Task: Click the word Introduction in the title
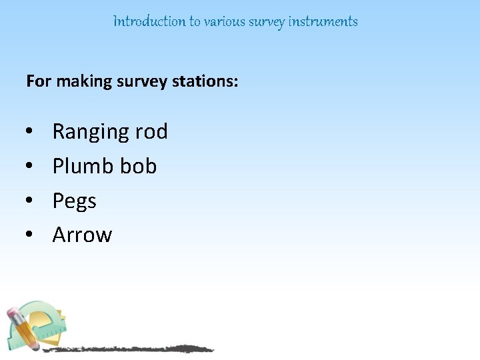[149, 21]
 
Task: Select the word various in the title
[225, 21]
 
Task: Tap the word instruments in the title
[323, 21]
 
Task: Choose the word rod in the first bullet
[151, 131]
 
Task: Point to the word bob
[137, 165]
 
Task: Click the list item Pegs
[74, 201]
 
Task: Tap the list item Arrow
[82, 235]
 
